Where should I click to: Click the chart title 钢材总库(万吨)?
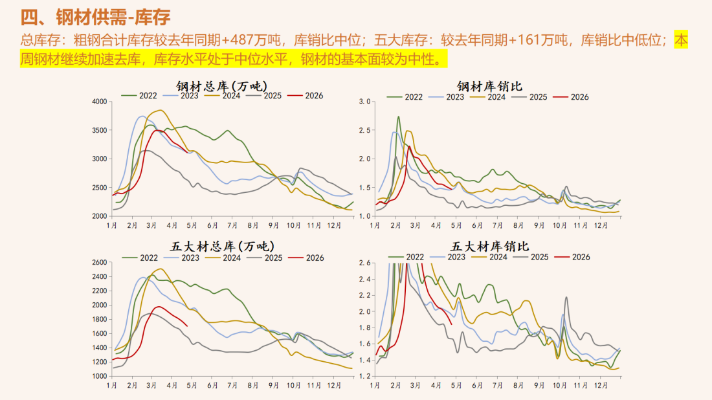tap(222, 85)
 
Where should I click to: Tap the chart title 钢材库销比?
tap(489, 85)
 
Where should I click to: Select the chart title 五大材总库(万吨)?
tap(222, 246)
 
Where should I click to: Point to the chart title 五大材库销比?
tap(489, 246)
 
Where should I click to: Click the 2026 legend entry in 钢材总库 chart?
tap(306, 96)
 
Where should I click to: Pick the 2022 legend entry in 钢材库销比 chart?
tap(407, 96)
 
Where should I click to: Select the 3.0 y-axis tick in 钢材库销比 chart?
tap(364, 102)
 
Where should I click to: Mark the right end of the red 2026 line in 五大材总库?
tap(187, 326)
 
